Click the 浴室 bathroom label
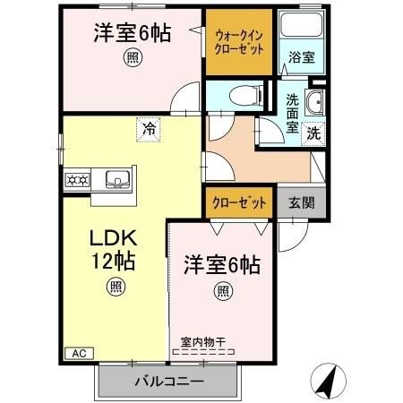click(300, 57)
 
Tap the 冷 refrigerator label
click(150, 129)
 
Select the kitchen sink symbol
click(116, 178)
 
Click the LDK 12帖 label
click(112, 252)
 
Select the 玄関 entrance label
click(301, 202)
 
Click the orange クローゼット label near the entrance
click(239, 202)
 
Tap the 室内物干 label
click(203, 340)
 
